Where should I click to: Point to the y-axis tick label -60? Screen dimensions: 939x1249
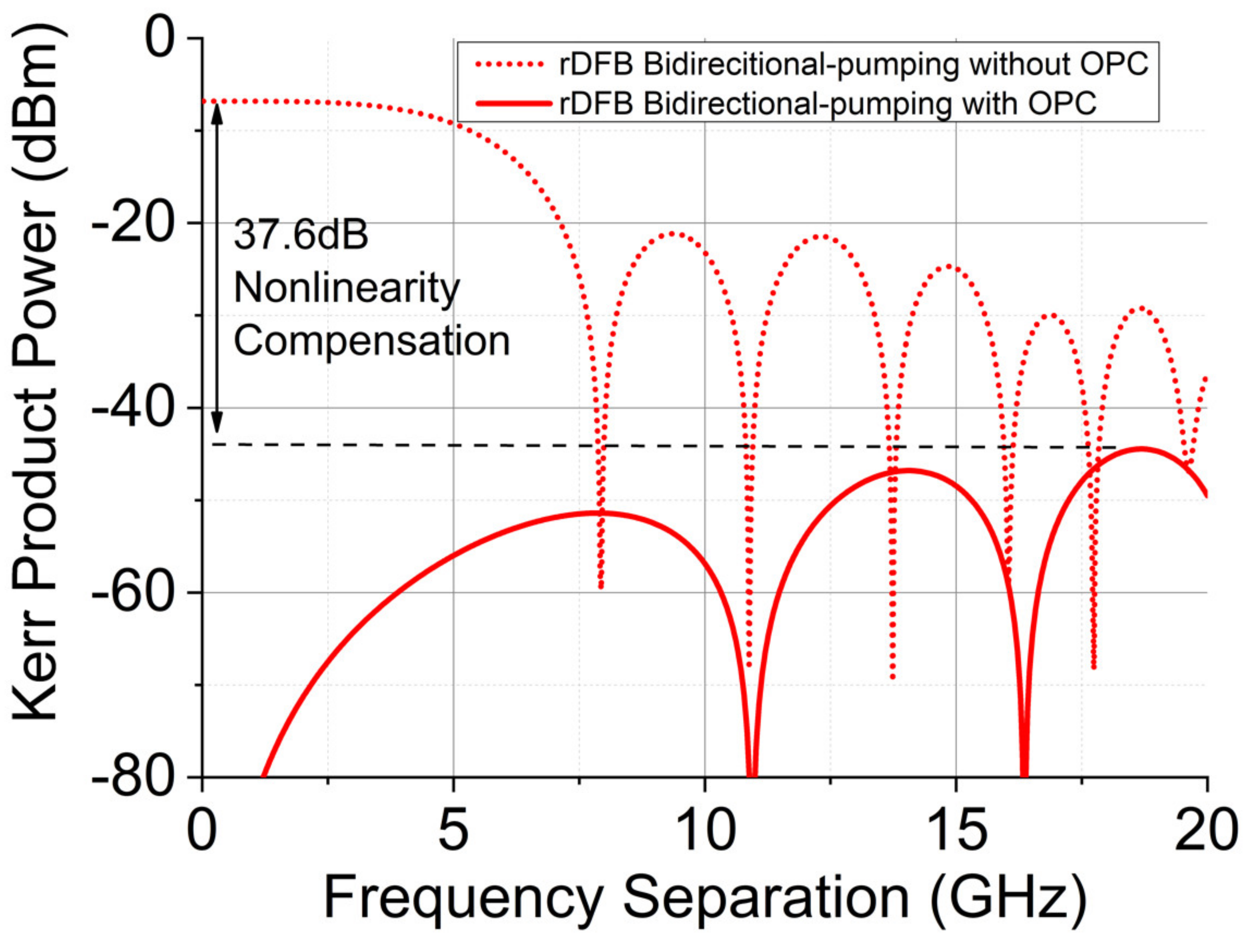tap(133, 593)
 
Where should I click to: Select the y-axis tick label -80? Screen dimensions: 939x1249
tap(133, 779)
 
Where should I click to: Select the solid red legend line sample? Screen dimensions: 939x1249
tap(513, 103)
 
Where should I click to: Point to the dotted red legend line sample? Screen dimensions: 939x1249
tap(513, 64)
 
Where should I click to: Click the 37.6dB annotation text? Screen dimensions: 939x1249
tap(301, 235)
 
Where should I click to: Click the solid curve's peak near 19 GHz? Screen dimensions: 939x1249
tap(1141, 449)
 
